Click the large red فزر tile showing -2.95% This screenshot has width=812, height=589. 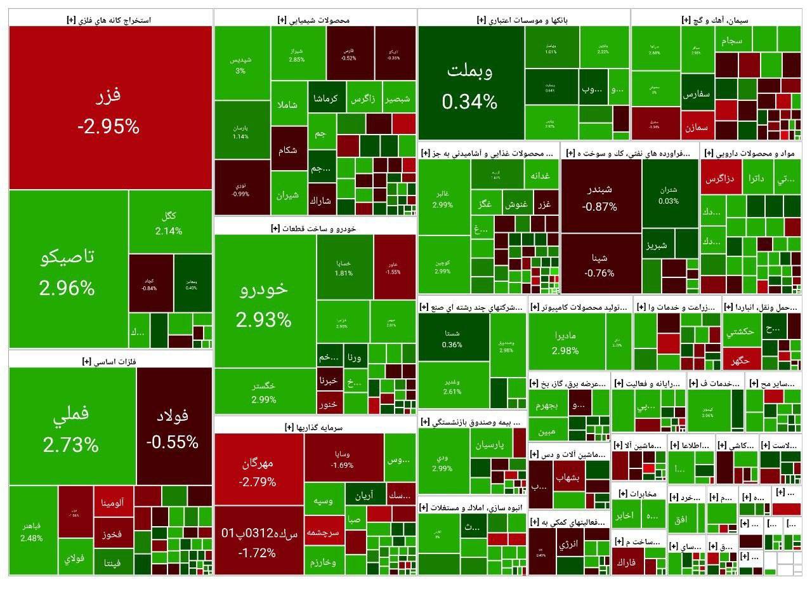[x=109, y=108]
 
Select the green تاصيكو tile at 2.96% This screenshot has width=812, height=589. [x=67, y=270]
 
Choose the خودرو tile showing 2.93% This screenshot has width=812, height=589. [x=264, y=301]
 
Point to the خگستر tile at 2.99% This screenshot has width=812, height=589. [x=264, y=392]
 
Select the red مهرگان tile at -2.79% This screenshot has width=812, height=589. [x=258, y=471]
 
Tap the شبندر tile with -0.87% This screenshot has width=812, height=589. [x=600, y=197]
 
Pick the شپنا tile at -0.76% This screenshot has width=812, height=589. [x=600, y=265]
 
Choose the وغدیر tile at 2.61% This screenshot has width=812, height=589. [x=452, y=384]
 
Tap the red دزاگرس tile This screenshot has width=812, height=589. [x=721, y=179]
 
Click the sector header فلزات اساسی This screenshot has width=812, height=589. [x=110, y=361]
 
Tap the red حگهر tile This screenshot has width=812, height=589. [x=740, y=359]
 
